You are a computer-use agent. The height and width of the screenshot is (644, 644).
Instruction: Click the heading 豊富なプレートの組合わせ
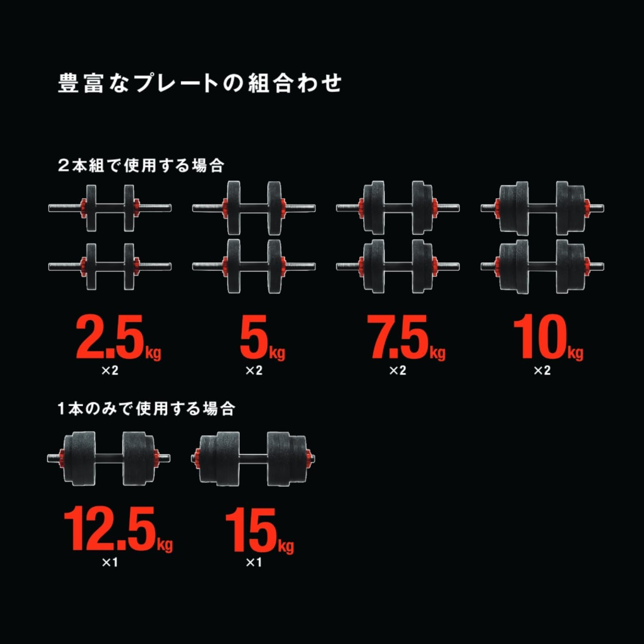click(x=200, y=83)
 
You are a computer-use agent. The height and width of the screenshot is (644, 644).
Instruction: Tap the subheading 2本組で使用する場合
click(x=141, y=165)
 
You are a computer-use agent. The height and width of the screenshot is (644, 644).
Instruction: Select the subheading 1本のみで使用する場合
click(x=146, y=408)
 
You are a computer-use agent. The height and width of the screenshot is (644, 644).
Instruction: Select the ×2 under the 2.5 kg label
click(x=109, y=371)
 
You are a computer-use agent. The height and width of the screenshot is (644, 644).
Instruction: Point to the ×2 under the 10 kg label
click(x=542, y=371)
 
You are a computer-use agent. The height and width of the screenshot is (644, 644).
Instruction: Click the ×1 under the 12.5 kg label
click(x=109, y=562)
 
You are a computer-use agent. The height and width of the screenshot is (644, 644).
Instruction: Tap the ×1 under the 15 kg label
click(x=254, y=562)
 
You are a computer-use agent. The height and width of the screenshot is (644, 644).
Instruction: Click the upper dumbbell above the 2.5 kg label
click(x=110, y=208)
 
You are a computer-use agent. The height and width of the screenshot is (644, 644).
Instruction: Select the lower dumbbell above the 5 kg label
click(x=254, y=266)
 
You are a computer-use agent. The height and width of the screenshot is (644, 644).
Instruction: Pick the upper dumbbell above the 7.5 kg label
click(x=398, y=208)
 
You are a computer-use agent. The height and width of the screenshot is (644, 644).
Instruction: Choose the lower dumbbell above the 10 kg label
click(x=542, y=266)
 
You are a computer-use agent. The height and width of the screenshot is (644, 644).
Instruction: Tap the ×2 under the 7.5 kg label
click(x=398, y=371)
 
